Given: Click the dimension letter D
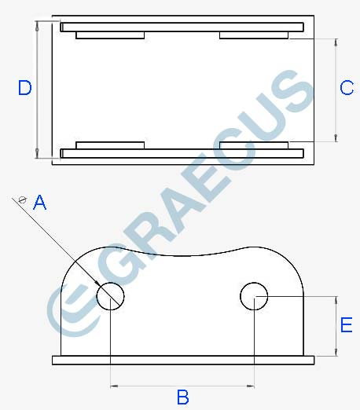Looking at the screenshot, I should coord(24,88).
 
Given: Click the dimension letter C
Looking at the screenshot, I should coord(347,88).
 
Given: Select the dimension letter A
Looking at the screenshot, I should coord(39,203).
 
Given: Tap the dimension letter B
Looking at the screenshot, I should coord(183,397).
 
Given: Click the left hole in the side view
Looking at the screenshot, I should coord(111,295).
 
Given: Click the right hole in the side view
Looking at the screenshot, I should coord(254,296).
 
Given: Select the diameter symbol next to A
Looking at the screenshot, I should coord(23,200).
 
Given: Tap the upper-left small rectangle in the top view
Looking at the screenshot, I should coord(109,35).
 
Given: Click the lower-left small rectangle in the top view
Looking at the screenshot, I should coord(109,145).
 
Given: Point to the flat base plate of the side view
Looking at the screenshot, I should coord(183,361).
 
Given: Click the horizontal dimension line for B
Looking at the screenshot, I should coord(182,385).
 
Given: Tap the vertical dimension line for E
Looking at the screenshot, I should coord(336,325).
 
